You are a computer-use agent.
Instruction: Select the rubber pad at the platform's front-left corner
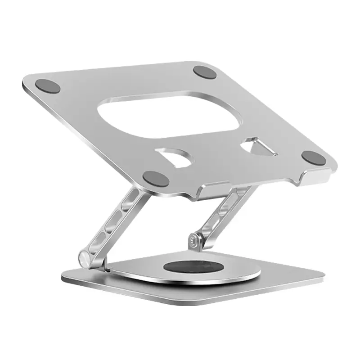click(x=156, y=179)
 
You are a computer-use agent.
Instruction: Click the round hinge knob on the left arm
click(x=85, y=259)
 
